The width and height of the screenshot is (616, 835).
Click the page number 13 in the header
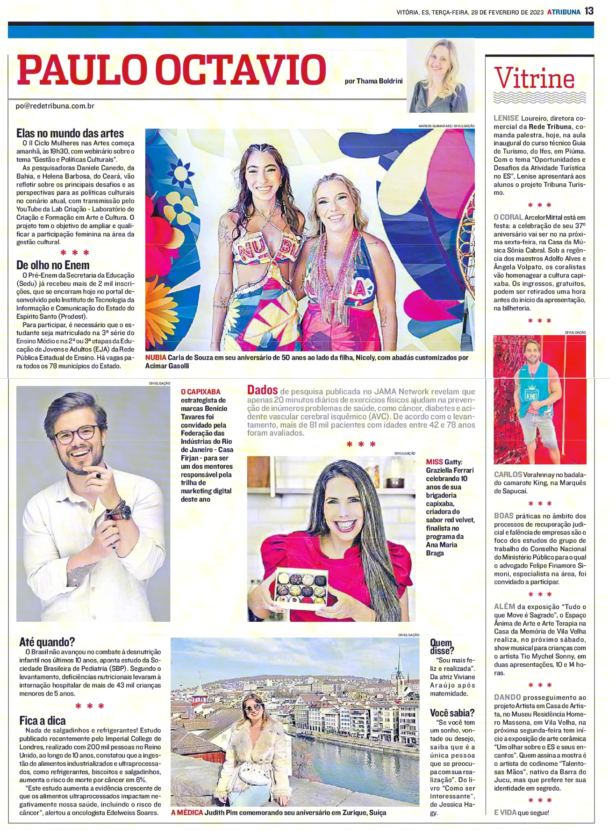click(x=589, y=11)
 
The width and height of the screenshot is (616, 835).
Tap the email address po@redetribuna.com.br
click(x=55, y=106)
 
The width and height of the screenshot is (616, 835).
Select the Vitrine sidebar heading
click(x=534, y=79)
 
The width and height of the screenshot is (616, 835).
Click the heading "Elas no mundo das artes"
click(x=70, y=133)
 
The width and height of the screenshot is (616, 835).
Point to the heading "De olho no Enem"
click(x=53, y=265)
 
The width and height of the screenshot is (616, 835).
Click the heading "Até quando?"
click(x=47, y=642)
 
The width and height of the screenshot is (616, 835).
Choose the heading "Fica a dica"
click(x=43, y=720)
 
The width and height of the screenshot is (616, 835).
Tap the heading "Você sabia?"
click(x=452, y=713)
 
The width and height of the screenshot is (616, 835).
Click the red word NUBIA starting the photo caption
click(x=156, y=358)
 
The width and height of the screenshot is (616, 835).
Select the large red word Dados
click(x=262, y=390)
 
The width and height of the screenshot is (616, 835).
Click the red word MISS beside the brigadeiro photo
click(x=434, y=462)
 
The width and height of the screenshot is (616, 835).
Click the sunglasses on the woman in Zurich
click(x=254, y=708)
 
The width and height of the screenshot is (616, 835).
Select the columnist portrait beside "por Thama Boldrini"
click(x=440, y=76)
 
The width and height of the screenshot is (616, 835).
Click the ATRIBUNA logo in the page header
click(x=564, y=12)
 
